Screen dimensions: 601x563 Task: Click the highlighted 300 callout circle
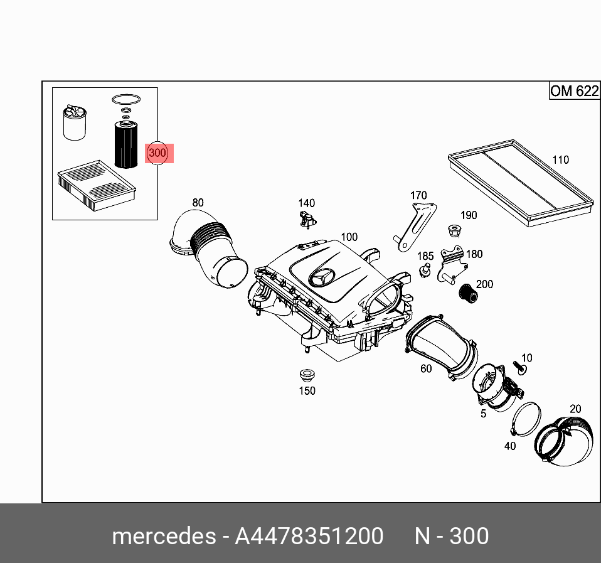157,153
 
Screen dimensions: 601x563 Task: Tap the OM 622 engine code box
573,91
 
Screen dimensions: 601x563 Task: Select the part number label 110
560,159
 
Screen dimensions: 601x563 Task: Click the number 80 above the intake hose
198,202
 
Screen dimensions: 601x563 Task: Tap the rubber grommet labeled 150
306,376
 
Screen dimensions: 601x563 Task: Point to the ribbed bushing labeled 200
466,292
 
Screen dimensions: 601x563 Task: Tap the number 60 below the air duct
426,368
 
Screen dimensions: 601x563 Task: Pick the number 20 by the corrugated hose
575,409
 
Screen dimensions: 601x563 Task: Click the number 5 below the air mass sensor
483,414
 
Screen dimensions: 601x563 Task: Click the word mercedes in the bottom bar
162,536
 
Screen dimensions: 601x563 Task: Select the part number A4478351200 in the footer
309,536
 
